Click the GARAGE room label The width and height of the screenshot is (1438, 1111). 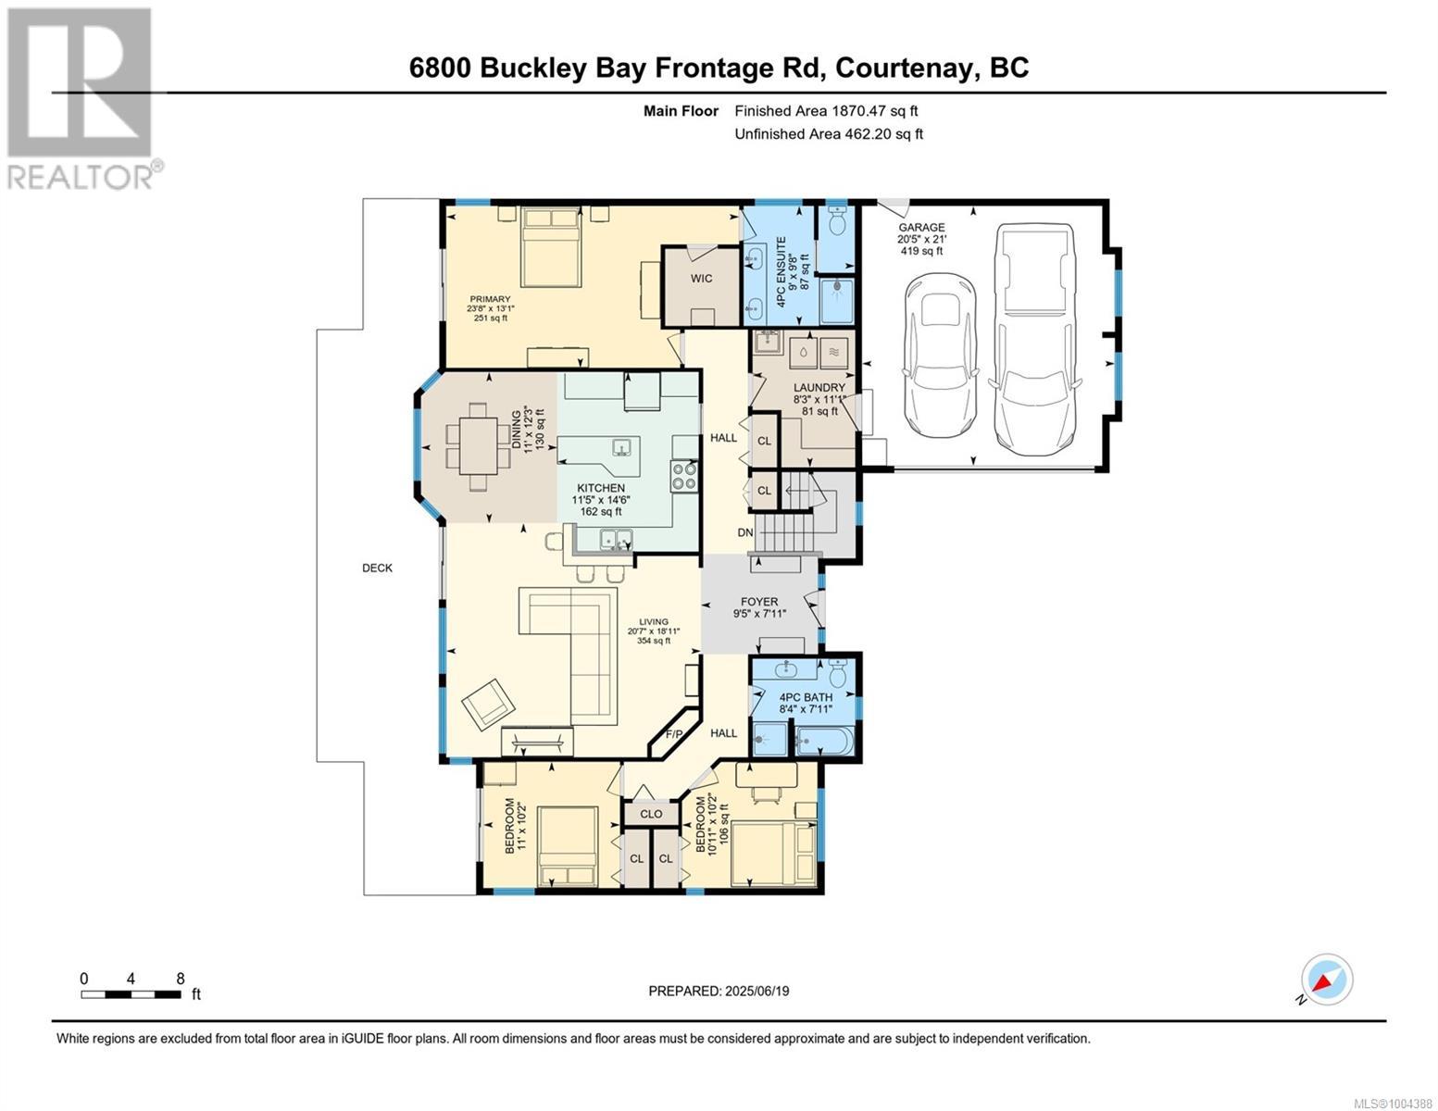click(x=920, y=227)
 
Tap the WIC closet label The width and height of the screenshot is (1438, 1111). click(x=701, y=278)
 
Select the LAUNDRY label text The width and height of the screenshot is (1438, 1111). click(x=819, y=387)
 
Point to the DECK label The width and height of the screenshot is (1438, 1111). click(x=377, y=568)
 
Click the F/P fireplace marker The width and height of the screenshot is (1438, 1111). click(x=674, y=734)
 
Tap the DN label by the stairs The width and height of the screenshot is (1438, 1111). click(x=745, y=532)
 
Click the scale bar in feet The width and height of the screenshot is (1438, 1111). click(x=131, y=994)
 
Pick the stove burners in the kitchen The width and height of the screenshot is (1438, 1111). click(x=684, y=476)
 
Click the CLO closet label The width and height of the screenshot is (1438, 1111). click(x=651, y=814)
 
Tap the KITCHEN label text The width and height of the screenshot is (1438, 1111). click(x=601, y=488)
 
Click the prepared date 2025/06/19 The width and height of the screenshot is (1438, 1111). click(x=719, y=991)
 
